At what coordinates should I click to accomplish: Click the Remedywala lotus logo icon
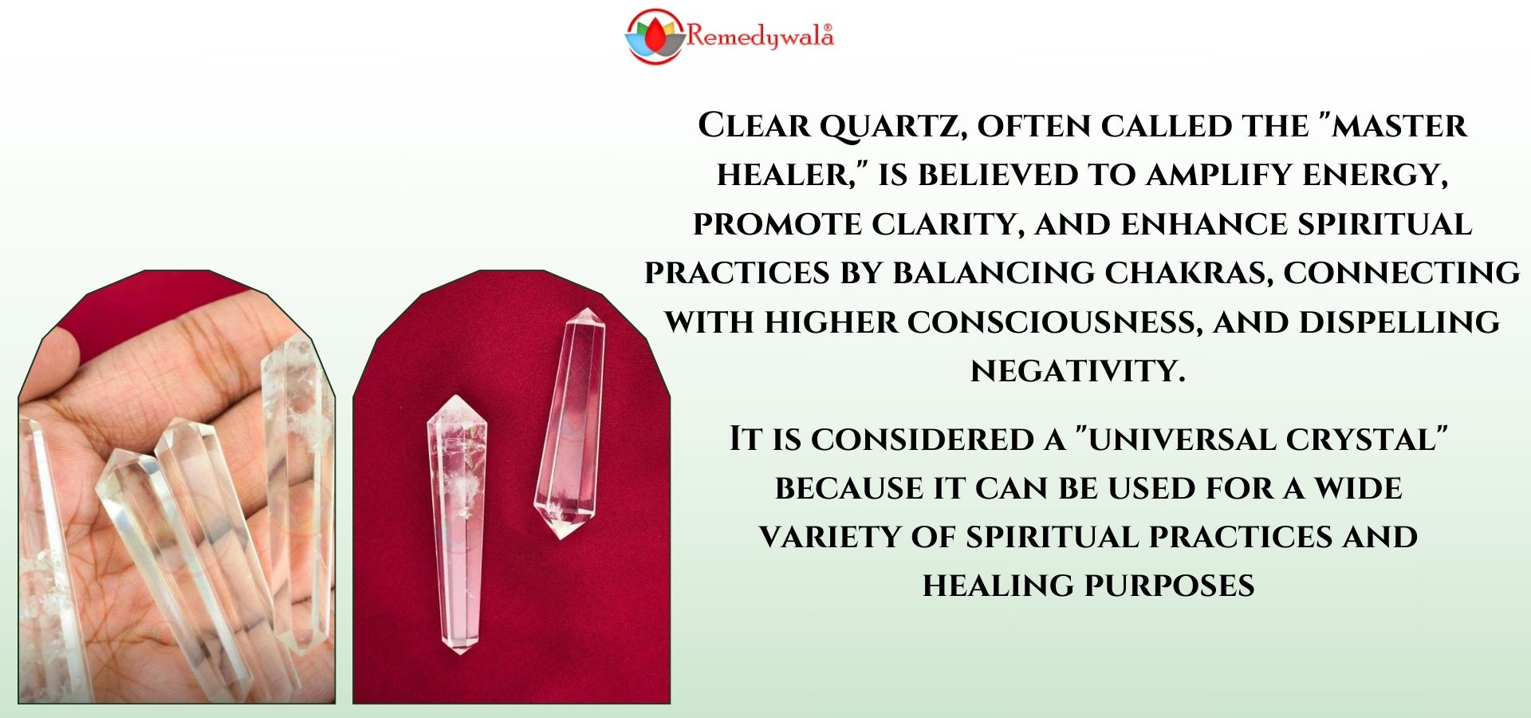[655, 36]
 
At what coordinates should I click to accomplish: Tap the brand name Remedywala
[760, 37]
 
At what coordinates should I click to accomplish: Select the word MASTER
[1400, 126]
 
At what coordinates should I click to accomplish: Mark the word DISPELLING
[1399, 322]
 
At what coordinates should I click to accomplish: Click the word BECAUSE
[848, 488]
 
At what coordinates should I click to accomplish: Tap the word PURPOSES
[1171, 586]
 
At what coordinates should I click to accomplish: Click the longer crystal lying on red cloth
[457, 524]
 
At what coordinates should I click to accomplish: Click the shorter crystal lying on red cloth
[569, 423]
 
